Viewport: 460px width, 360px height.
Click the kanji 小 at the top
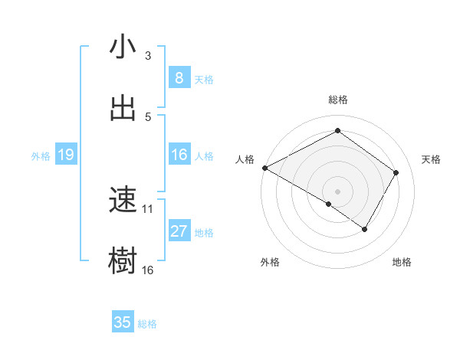(x=123, y=47)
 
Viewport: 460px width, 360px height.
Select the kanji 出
(x=123, y=108)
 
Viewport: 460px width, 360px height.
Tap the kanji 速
(x=123, y=201)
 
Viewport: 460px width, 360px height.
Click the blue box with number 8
(x=179, y=78)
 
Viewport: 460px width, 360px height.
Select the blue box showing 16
(x=179, y=155)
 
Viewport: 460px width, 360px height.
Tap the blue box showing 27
(x=179, y=231)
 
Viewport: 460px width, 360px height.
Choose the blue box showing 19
(x=65, y=155)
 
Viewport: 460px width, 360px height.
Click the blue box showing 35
(x=123, y=322)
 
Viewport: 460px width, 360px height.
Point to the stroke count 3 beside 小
(x=148, y=55)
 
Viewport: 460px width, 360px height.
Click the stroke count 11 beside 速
(x=148, y=208)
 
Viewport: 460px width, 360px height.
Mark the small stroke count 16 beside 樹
(x=148, y=270)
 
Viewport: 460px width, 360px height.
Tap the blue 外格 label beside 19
(x=41, y=156)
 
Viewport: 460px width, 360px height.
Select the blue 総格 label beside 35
(x=147, y=323)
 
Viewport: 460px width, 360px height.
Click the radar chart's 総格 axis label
(x=337, y=100)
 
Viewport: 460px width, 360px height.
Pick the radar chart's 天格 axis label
(x=432, y=159)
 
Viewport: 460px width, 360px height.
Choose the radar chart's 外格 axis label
(x=270, y=263)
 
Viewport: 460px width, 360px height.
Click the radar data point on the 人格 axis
(x=264, y=168)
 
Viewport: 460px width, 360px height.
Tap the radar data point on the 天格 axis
(x=396, y=173)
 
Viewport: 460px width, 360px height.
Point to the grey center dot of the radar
(x=337, y=191)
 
